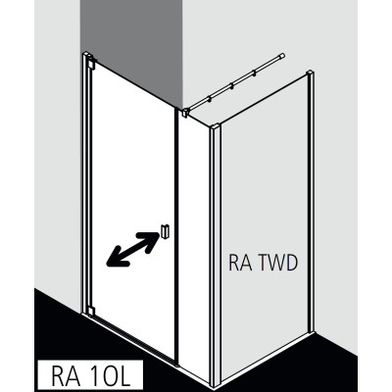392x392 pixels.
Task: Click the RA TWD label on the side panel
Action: point(264,263)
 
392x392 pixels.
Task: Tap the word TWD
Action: point(277,263)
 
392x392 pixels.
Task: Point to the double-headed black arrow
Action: point(132,249)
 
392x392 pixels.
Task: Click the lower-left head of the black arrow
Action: point(115,260)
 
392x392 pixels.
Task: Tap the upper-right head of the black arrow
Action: point(150,239)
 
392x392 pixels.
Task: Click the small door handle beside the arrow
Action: point(166,231)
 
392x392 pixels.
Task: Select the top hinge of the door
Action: point(90,64)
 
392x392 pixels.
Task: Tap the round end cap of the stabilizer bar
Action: point(282,56)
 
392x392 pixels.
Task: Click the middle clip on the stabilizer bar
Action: point(232,86)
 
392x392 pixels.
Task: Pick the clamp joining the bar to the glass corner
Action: point(186,113)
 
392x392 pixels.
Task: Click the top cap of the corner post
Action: point(215,125)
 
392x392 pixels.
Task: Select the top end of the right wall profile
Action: point(310,73)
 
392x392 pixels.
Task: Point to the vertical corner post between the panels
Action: point(216,255)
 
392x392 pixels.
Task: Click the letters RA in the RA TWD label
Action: point(240,263)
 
